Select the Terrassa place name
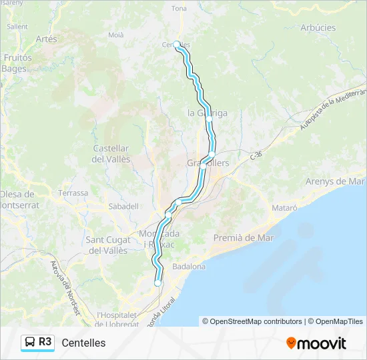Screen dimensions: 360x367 point(73,193)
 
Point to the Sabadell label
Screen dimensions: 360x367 point(123,207)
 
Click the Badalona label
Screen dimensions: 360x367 point(190,266)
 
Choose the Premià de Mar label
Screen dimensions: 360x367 point(244,238)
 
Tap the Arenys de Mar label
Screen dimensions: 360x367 point(334,181)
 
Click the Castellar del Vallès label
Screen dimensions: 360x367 point(111,153)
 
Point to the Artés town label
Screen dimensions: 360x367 point(47,39)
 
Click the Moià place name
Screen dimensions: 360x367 point(116,35)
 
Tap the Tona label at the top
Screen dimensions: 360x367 point(179,9)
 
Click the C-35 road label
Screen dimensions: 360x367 point(257,155)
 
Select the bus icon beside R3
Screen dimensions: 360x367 point(30,343)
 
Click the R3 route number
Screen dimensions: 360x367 point(45,342)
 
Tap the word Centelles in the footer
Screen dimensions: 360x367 point(83,343)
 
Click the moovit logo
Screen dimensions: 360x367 point(316,343)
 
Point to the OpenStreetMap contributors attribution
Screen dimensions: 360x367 point(252,321)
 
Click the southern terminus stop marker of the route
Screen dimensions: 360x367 point(158,283)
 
